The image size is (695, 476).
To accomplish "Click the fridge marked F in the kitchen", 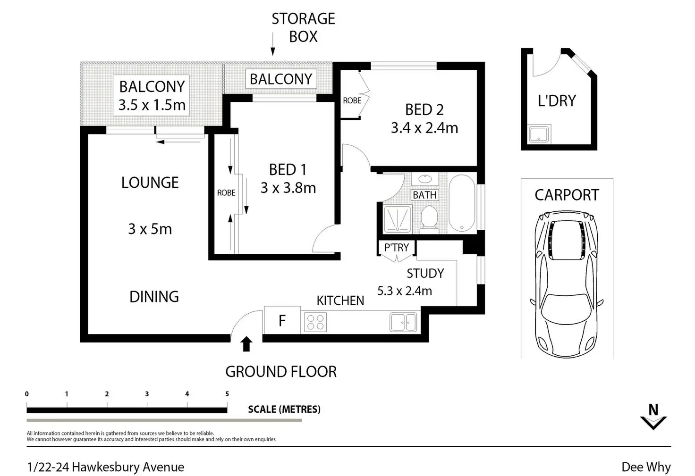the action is (282, 320).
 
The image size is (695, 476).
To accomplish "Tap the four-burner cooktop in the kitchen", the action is (315, 322).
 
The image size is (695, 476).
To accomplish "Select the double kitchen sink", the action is (403, 322).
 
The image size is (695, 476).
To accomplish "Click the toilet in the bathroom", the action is (429, 218).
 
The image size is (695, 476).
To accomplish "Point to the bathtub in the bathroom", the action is (462, 203).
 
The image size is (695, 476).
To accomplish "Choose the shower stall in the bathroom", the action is (398, 219).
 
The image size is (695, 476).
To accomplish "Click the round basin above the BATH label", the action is (425, 179).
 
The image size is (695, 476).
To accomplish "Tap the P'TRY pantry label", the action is (397, 248).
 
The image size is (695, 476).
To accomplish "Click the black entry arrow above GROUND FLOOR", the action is (246, 344).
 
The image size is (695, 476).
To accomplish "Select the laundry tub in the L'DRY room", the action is (539, 134).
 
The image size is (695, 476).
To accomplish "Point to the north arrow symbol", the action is (653, 417).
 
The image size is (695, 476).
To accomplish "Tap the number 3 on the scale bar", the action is (147, 394).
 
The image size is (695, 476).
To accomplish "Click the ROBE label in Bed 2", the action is (352, 100).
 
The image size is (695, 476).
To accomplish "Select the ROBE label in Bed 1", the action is (226, 193).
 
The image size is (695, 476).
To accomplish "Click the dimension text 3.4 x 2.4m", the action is (424, 128).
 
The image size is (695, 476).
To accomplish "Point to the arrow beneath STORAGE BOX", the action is (273, 44).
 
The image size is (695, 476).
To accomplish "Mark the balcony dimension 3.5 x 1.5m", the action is (152, 105).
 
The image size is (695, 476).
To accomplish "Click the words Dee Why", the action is (646, 467).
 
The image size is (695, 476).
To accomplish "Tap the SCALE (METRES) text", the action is (284, 409).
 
